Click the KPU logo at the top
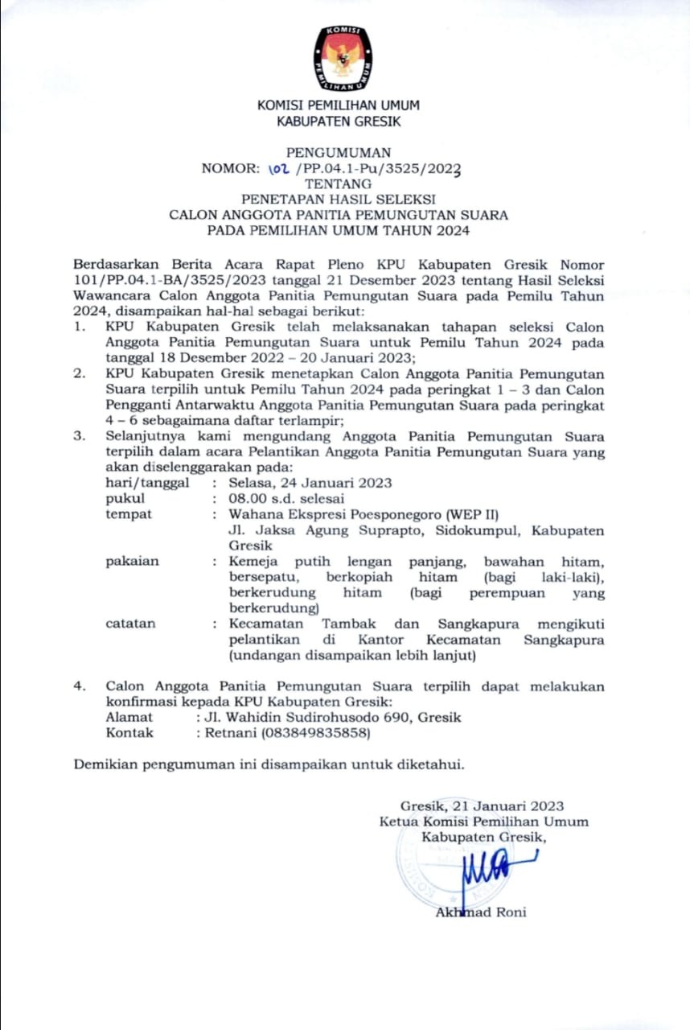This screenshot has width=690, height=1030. (x=343, y=58)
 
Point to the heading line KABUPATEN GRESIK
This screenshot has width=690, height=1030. (x=339, y=122)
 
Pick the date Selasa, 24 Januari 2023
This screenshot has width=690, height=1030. (x=310, y=483)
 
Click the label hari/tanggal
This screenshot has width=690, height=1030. (x=148, y=483)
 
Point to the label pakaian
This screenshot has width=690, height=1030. (x=133, y=561)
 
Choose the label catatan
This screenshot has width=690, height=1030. (x=131, y=624)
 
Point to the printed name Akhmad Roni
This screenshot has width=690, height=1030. (x=481, y=912)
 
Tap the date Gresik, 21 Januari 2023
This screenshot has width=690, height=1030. (x=482, y=805)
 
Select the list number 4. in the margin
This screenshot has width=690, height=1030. (x=79, y=686)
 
